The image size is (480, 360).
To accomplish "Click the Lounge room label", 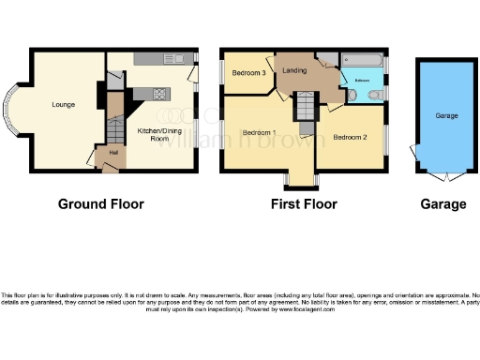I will [64, 104].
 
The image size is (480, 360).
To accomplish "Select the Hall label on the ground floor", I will [112, 152].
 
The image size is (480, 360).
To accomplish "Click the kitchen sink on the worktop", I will [177, 59].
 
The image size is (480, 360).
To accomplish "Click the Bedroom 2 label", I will [350, 137].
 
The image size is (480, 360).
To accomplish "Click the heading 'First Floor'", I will [303, 203].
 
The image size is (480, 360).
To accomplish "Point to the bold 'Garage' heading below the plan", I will [443, 203].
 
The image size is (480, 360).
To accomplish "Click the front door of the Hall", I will [111, 168].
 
